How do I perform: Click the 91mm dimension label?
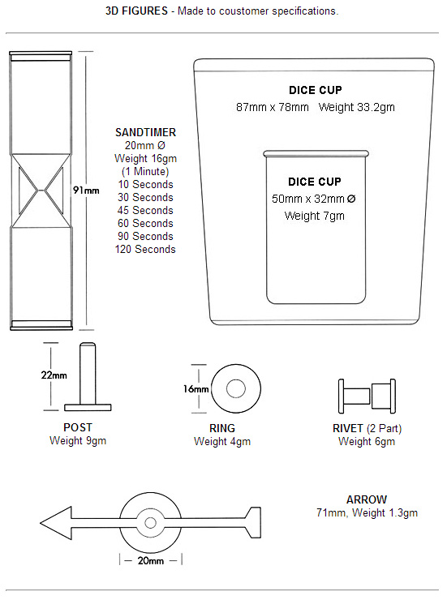tap(86, 191)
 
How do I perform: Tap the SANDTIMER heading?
tap(145, 132)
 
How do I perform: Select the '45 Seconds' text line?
tap(145, 210)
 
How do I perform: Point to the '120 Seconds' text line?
tap(145, 249)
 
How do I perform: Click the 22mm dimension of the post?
tap(54, 375)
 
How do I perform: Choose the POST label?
tap(78, 427)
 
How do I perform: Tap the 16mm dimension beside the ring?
tap(196, 389)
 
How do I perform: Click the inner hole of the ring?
tap(236, 388)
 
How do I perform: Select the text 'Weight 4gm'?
tap(222, 441)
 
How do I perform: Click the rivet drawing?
tap(367, 396)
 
